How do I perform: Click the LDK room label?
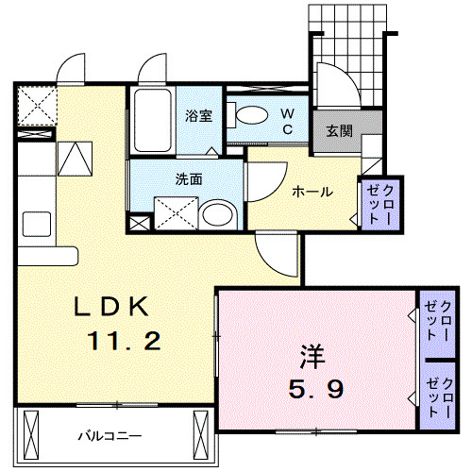pyautogui.click(x=111, y=307)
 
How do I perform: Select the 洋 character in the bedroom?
pyautogui.click(x=313, y=357)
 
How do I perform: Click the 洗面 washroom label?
pyautogui.click(x=189, y=177)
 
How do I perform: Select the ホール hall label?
pyautogui.click(x=312, y=191)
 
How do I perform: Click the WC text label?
pyautogui.click(x=289, y=120)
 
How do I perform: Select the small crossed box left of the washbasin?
pyautogui.click(x=139, y=224)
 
